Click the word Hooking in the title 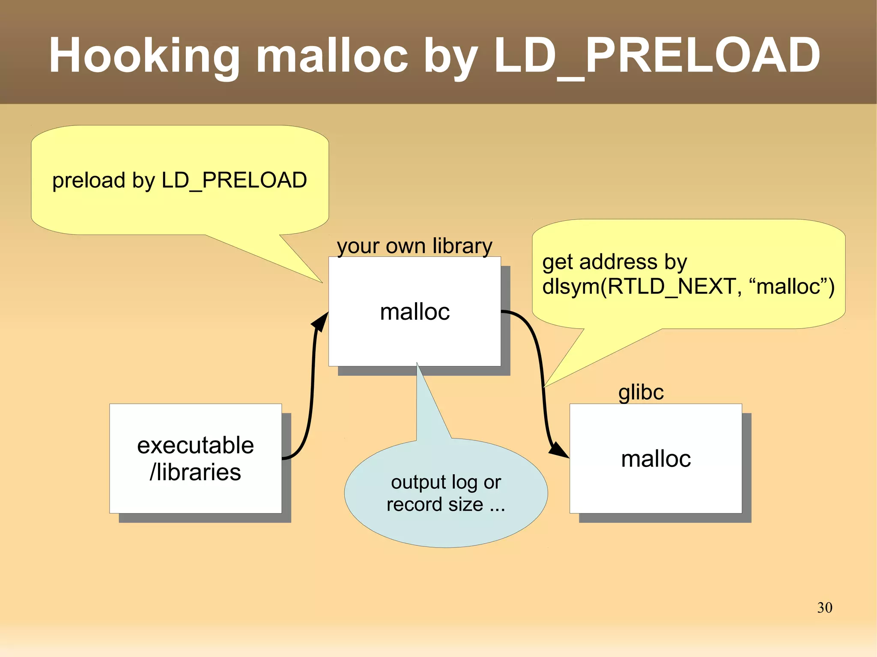(144, 56)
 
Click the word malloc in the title (332, 56)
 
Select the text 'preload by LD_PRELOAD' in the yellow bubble (179, 180)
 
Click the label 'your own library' (414, 246)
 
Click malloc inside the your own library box (415, 312)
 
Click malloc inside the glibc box (656, 459)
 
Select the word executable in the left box (195, 446)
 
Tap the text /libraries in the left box (195, 473)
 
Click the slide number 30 (824, 608)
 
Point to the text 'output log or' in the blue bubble (446, 482)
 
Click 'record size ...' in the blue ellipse (445, 505)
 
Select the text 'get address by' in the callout (614, 262)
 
